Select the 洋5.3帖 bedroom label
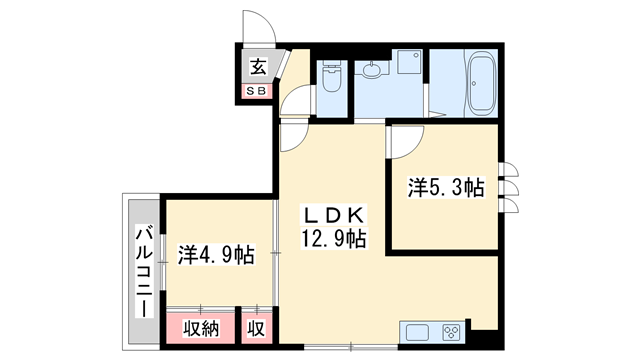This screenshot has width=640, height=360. click(445, 187)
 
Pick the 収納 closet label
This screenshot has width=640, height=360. click(201, 326)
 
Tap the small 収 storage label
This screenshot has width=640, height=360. click(256, 326)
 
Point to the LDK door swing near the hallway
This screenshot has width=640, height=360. click(294, 137)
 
